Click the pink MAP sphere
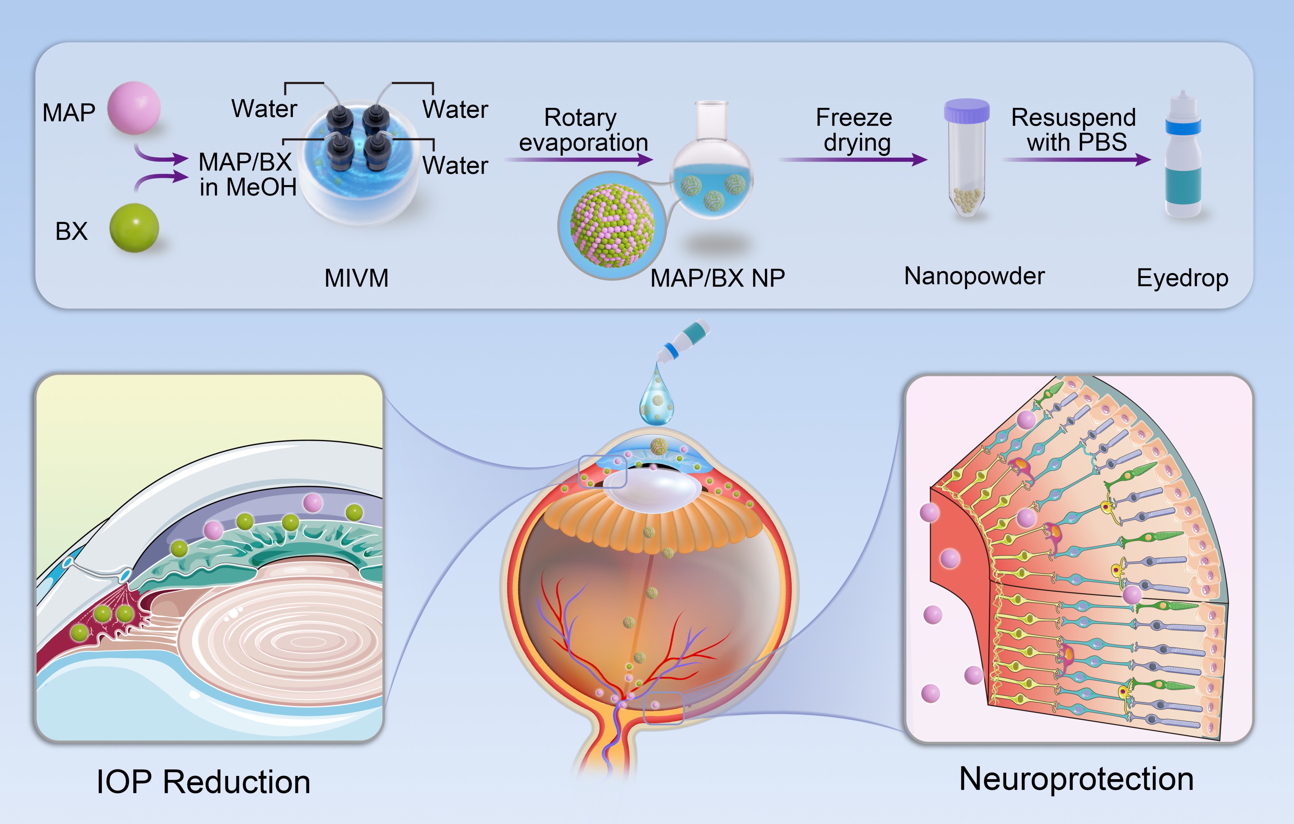[134, 107]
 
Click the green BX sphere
[134, 228]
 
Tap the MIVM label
[356, 278]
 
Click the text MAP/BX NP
[717, 278]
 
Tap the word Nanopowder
[974, 276]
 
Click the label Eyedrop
[1182, 278]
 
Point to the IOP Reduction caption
[203, 782]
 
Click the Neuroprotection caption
[1076, 779]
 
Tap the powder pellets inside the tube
[967, 200]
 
